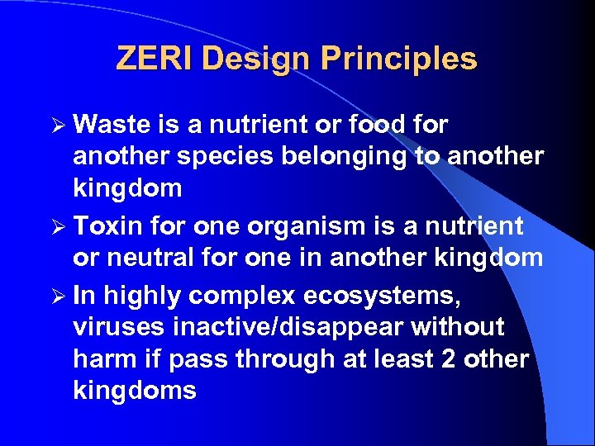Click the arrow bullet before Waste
[x=57, y=125]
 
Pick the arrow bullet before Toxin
[x=57, y=225]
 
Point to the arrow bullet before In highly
[x=57, y=295]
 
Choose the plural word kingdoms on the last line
[x=135, y=391]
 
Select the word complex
[x=227, y=295]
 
